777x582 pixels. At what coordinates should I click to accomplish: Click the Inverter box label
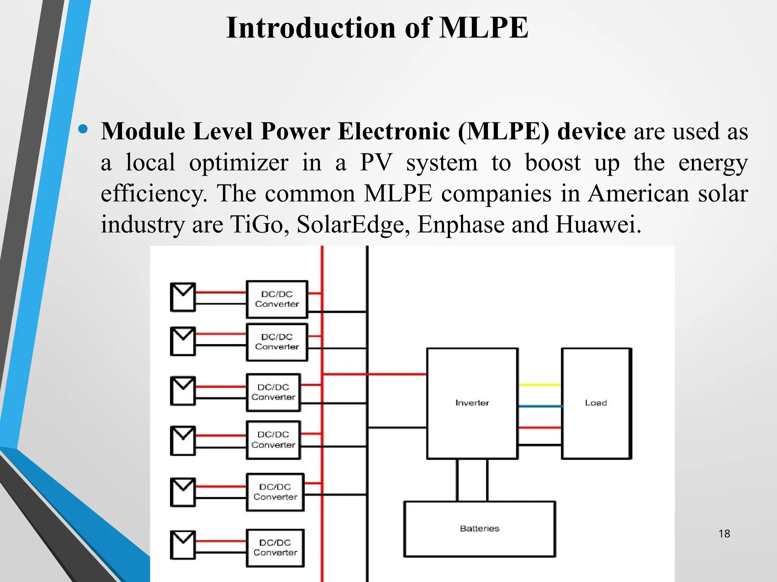(472, 403)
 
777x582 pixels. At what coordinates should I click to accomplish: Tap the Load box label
(596, 403)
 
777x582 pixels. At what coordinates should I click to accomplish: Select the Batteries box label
(480, 529)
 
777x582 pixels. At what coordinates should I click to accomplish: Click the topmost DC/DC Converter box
(277, 299)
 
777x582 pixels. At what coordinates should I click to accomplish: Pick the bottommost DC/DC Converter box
(275, 548)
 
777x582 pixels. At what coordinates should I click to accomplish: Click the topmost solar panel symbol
(183, 297)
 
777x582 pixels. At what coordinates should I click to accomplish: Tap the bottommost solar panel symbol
(183, 545)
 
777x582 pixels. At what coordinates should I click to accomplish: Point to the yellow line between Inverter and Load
(539, 385)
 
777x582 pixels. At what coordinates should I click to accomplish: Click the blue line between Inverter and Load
(539, 406)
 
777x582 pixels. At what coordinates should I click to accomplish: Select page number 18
(724, 534)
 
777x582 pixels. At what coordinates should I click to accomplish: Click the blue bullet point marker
(83, 130)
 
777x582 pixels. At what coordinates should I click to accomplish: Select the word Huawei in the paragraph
(598, 224)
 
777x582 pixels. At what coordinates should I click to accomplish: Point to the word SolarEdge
(353, 224)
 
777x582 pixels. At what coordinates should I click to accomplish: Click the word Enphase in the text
(461, 224)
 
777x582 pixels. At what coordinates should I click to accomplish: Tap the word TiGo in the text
(257, 224)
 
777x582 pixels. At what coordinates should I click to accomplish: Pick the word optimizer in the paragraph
(239, 163)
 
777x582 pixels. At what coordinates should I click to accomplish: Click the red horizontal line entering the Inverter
(395, 374)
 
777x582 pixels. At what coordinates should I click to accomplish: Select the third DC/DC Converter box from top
(273, 393)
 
